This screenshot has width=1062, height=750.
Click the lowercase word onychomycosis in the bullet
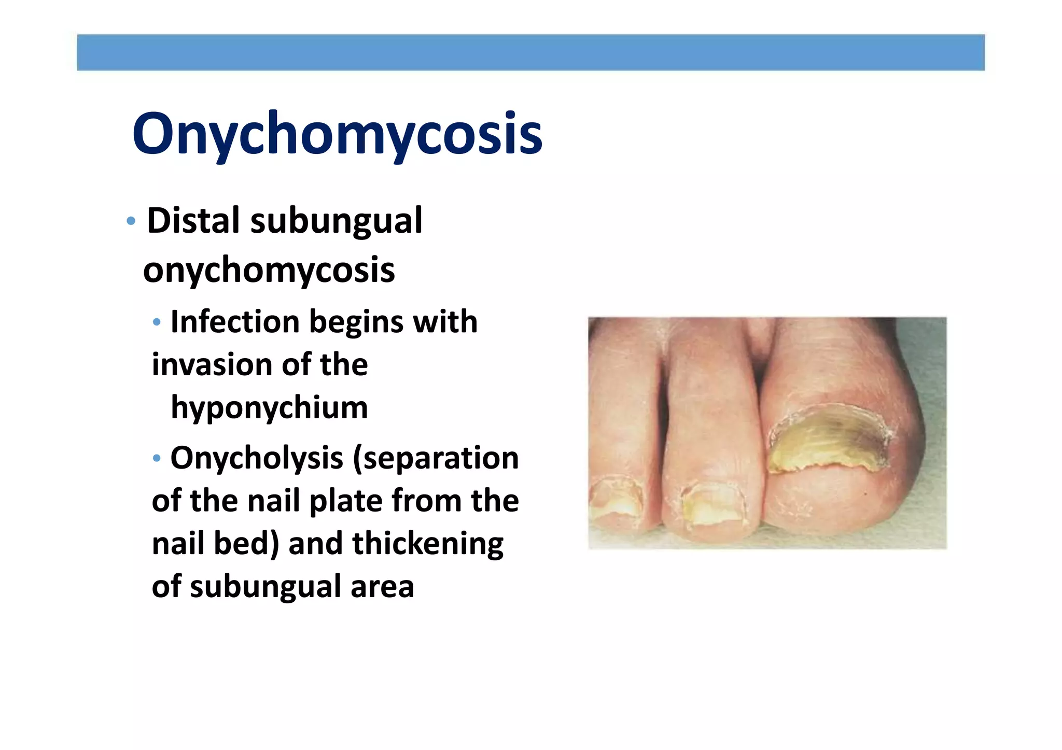pos(269,271)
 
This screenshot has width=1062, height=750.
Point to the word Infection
pos(235,322)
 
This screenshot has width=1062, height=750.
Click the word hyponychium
pos(269,408)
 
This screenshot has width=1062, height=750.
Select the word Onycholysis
pos(257,458)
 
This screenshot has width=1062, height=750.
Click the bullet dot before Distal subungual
pos(131,221)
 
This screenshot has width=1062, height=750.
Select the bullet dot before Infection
pos(157,322)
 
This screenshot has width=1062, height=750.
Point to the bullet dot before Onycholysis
pos(157,458)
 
